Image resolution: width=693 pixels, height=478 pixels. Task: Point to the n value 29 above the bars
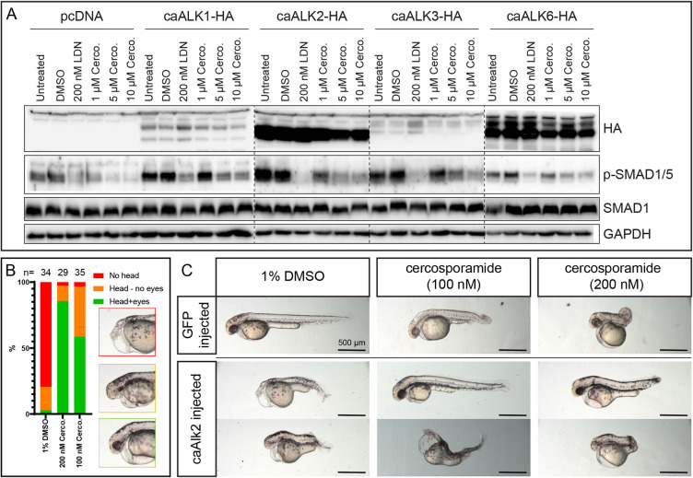coord(63,274)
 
